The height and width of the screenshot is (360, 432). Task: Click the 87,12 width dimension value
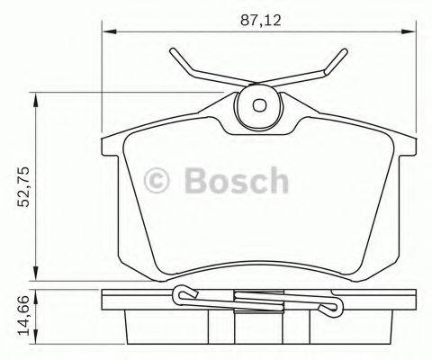[x=257, y=16]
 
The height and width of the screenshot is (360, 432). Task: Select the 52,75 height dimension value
[x=20, y=185]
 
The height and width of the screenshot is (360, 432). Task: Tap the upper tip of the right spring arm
[x=345, y=49]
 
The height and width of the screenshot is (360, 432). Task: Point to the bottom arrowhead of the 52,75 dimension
[x=37, y=274]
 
